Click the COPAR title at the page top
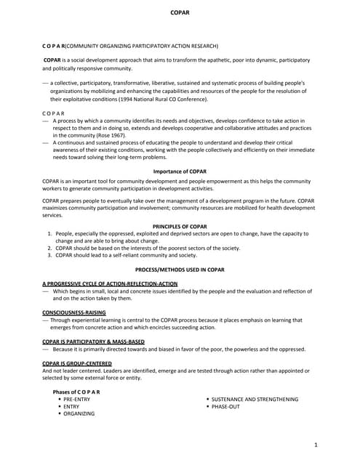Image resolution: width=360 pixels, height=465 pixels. pyautogui.click(x=180, y=13)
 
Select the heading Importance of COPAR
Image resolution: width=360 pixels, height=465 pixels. pyautogui.click(x=180, y=171)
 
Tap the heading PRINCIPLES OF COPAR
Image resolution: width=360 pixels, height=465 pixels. pyautogui.click(x=180, y=227)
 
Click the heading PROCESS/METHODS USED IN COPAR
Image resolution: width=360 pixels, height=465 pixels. pyautogui.click(x=180, y=269)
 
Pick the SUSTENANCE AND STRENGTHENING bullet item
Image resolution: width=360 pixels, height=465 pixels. pyautogui.click(x=255, y=399)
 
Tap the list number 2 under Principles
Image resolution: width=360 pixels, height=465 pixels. pyautogui.click(x=49, y=248)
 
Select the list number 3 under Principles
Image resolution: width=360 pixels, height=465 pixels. pyautogui.click(x=49, y=255)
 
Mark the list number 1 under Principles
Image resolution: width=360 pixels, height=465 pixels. pyautogui.click(x=49, y=233)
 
